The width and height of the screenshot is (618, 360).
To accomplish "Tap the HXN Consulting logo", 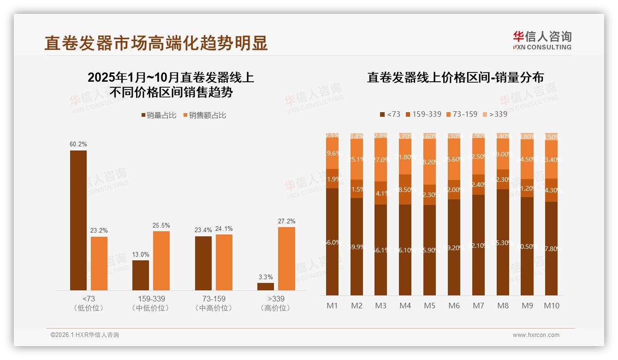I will click(x=542, y=41).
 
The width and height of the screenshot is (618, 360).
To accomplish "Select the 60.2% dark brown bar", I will click(x=78, y=220).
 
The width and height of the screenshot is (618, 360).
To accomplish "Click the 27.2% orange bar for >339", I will click(x=286, y=258).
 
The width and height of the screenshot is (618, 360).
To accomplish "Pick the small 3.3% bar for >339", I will click(x=266, y=286).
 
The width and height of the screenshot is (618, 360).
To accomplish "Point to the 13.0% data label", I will click(x=141, y=254).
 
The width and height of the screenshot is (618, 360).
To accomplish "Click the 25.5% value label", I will click(x=161, y=225).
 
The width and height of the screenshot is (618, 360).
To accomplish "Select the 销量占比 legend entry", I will click(x=159, y=115).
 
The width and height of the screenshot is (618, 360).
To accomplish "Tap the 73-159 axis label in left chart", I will click(x=214, y=299).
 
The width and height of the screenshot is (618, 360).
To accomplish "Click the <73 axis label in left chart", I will click(x=89, y=299).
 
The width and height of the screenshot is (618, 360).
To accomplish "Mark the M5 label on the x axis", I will click(x=429, y=306).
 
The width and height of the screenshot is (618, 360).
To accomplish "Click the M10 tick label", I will click(x=552, y=306).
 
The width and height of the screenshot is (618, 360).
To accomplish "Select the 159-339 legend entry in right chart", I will click(x=423, y=114).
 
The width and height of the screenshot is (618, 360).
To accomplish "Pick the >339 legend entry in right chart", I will click(x=494, y=114).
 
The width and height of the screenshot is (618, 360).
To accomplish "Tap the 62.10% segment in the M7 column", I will click(x=478, y=246).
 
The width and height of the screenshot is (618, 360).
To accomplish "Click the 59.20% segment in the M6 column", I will click(x=454, y=247).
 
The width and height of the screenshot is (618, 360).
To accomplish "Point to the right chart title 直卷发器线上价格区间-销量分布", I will click(x=455, y=78).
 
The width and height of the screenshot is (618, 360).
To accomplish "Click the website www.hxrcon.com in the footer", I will click(x=535, y=335).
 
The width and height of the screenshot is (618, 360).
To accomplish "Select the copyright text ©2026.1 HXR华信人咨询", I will click(x=84, y=335).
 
